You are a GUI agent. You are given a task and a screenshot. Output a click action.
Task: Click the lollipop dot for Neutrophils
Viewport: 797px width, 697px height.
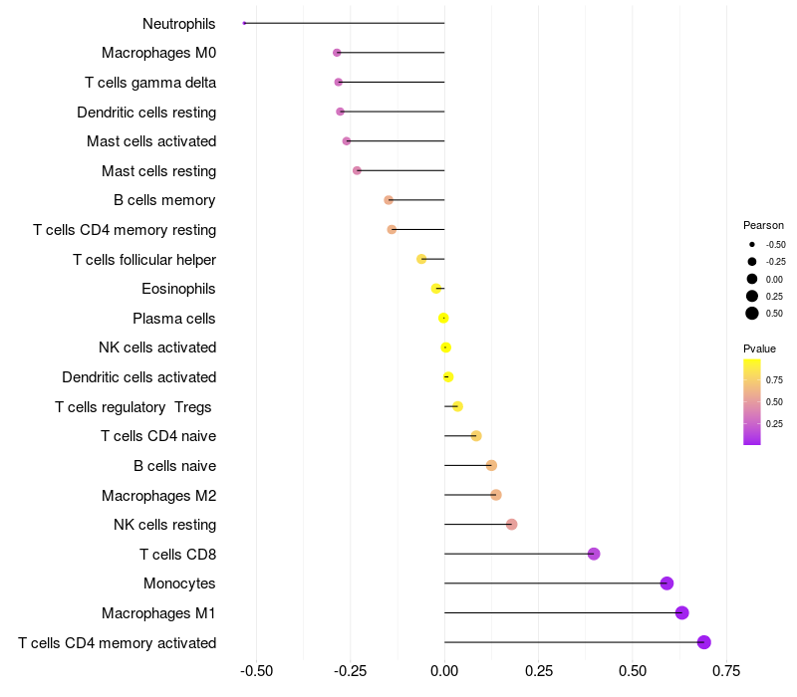tap(244, 23)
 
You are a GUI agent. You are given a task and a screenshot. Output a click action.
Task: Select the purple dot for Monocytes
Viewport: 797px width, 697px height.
tap(666, 583)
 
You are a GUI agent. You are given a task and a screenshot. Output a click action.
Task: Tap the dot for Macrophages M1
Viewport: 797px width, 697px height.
tap(681, 612)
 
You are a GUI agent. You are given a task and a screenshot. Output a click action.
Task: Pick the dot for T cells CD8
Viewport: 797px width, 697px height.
tap(594, 554)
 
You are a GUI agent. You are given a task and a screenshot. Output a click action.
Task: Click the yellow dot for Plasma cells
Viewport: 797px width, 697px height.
tap(443, 319)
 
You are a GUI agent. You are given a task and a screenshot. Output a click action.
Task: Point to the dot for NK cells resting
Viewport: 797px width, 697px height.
tap(511, 525)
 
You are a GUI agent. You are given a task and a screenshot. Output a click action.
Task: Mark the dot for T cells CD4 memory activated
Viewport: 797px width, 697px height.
tap(704, 642)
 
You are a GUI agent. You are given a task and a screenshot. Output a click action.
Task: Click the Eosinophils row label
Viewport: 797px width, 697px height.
tap(179, 289)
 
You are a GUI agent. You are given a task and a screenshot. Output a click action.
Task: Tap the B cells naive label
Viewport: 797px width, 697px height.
tap(174, 466)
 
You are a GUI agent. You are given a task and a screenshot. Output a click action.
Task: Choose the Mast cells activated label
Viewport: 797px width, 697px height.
tap(151, 141)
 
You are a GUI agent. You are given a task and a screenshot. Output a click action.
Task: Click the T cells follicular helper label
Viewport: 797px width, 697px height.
tap(144, 260)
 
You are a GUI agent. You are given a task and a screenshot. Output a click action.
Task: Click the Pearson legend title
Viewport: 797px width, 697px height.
tap(763, 225)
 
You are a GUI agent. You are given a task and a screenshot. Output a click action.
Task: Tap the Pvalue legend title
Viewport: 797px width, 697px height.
tap(759, 348)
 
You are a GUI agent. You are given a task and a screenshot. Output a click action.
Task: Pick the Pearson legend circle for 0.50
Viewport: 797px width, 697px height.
tap(752, 314)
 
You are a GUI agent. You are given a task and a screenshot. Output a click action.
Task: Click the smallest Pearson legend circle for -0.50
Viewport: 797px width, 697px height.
tap(752, 244)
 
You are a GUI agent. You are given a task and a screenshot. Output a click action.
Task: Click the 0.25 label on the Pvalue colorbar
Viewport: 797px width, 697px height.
tap(774, 423)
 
